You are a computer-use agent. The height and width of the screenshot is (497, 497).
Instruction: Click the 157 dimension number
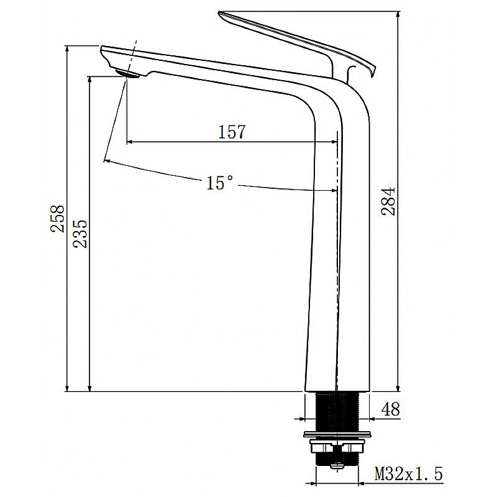point(232,132)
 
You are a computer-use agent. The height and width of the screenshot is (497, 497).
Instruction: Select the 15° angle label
point(220,183)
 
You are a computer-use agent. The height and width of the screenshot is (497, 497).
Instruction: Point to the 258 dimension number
point(58,219)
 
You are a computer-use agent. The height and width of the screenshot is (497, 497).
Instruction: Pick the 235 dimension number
point(81,234)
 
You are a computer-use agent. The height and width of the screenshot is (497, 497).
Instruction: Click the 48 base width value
point(390,409)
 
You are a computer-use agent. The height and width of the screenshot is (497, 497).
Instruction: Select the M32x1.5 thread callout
point(408,475)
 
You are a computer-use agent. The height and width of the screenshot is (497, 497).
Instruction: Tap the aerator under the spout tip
point(130,74)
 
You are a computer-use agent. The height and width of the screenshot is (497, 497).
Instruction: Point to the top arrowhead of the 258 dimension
point(67,49)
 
